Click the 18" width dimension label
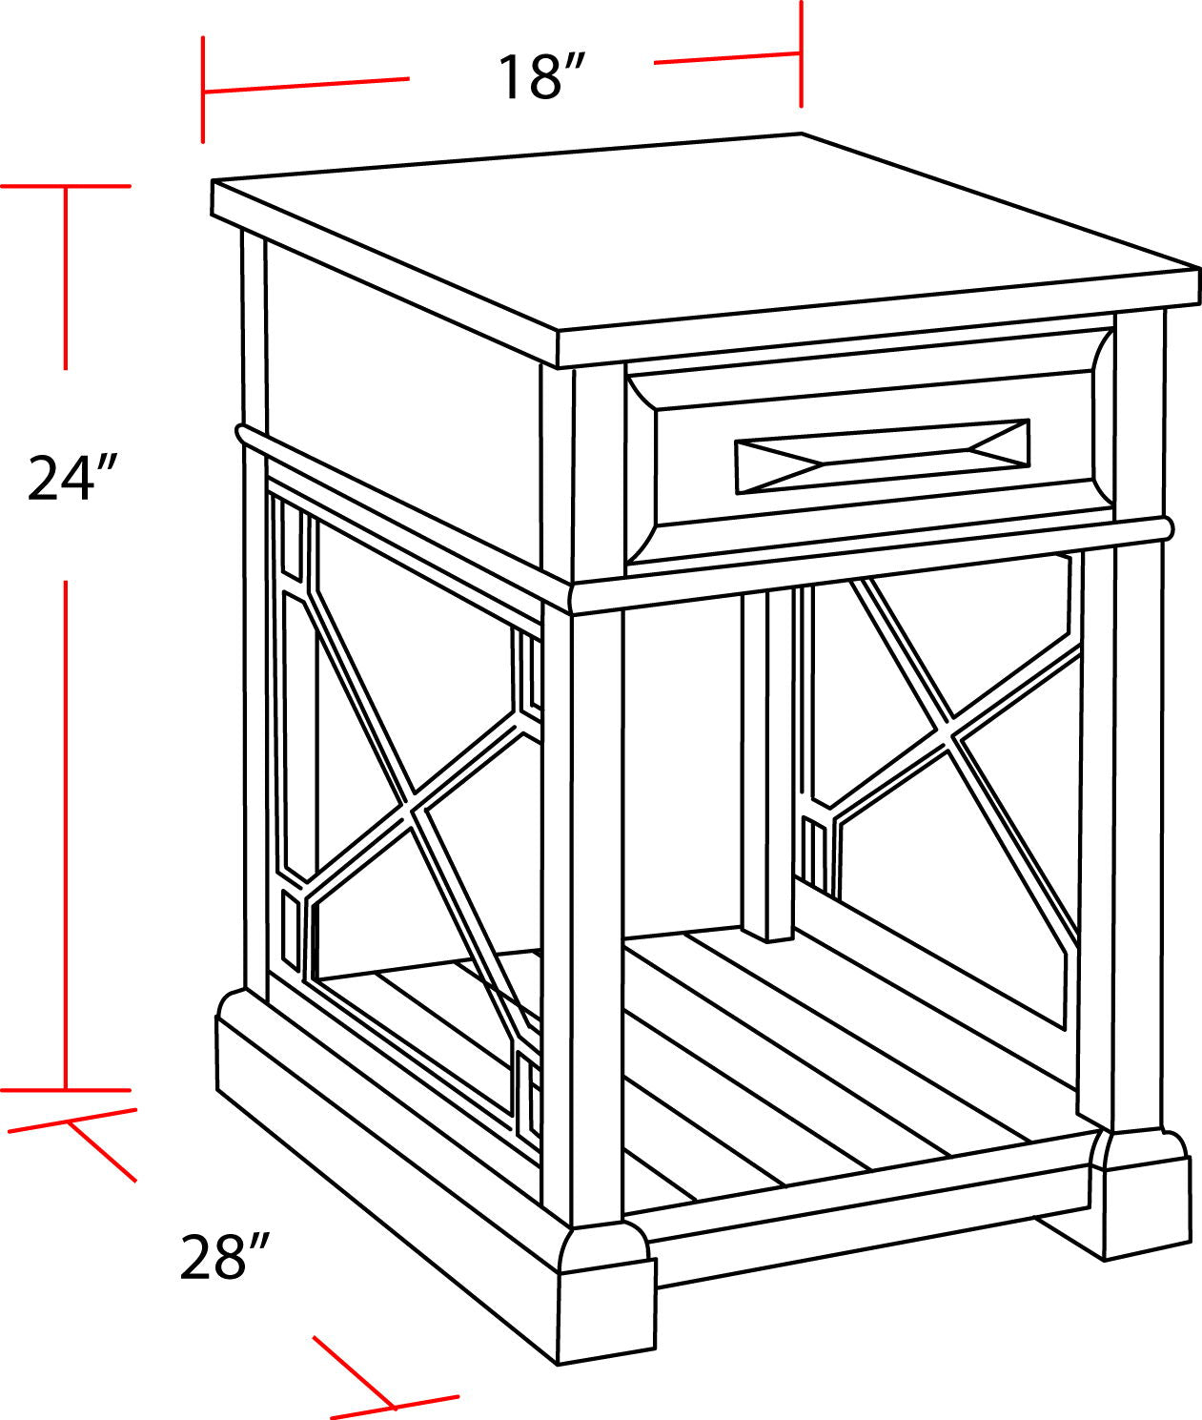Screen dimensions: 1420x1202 click(540, 76)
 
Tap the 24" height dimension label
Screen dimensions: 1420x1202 click(71, 477)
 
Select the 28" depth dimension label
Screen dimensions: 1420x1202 click(225, 1256)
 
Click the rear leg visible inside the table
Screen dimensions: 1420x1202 click(767, 763)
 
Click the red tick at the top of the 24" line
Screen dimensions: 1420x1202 click(65, 186)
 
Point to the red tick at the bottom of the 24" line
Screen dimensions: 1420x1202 click(65, 1089)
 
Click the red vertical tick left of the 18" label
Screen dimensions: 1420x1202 click(202, 91)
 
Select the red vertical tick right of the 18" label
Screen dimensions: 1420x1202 click(801, 55)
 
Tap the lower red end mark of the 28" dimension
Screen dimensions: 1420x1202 click(394, 1405)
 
